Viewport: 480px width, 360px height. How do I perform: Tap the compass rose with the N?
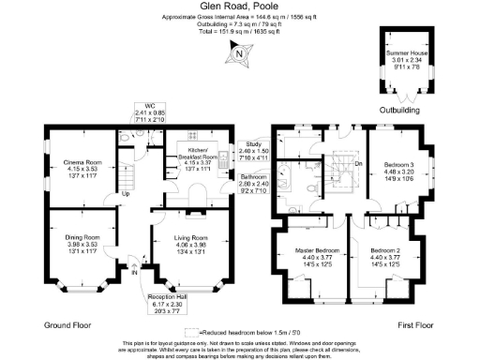pyautogui.click(x=238, y=54)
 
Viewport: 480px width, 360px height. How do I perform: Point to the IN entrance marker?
pyautogui.click(x=134, y=272)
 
